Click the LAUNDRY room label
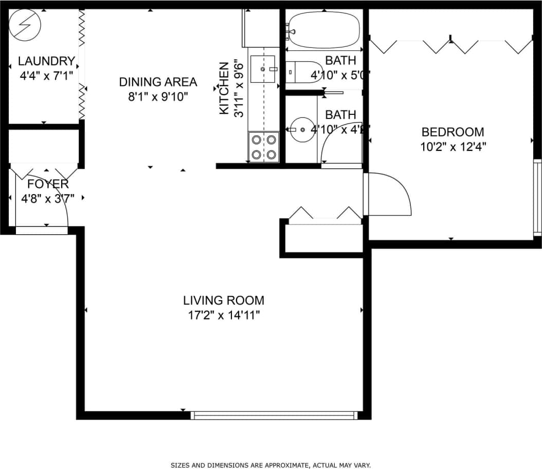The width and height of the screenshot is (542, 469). coord(46,61)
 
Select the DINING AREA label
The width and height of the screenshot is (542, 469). coord(158,82)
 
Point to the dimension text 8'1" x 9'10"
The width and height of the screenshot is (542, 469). coord(158,96)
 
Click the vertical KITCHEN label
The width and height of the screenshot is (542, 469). coord(224,88)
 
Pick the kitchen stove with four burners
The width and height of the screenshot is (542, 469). coord(264,147)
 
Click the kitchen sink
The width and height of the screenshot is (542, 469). coord(263,69)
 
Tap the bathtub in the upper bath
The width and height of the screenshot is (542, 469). coord(324,30)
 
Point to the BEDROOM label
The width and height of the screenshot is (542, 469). coord(453,132)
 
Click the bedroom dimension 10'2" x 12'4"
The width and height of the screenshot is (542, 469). coord(453,146)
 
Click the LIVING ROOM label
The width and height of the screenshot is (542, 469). coord(224,300)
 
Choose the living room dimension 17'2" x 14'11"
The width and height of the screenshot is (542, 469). coord(224,315)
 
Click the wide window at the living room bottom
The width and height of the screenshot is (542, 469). coord(274,415)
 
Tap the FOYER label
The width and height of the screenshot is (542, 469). coord(48,184)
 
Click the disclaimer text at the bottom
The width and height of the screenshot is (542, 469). coord(270,465)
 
